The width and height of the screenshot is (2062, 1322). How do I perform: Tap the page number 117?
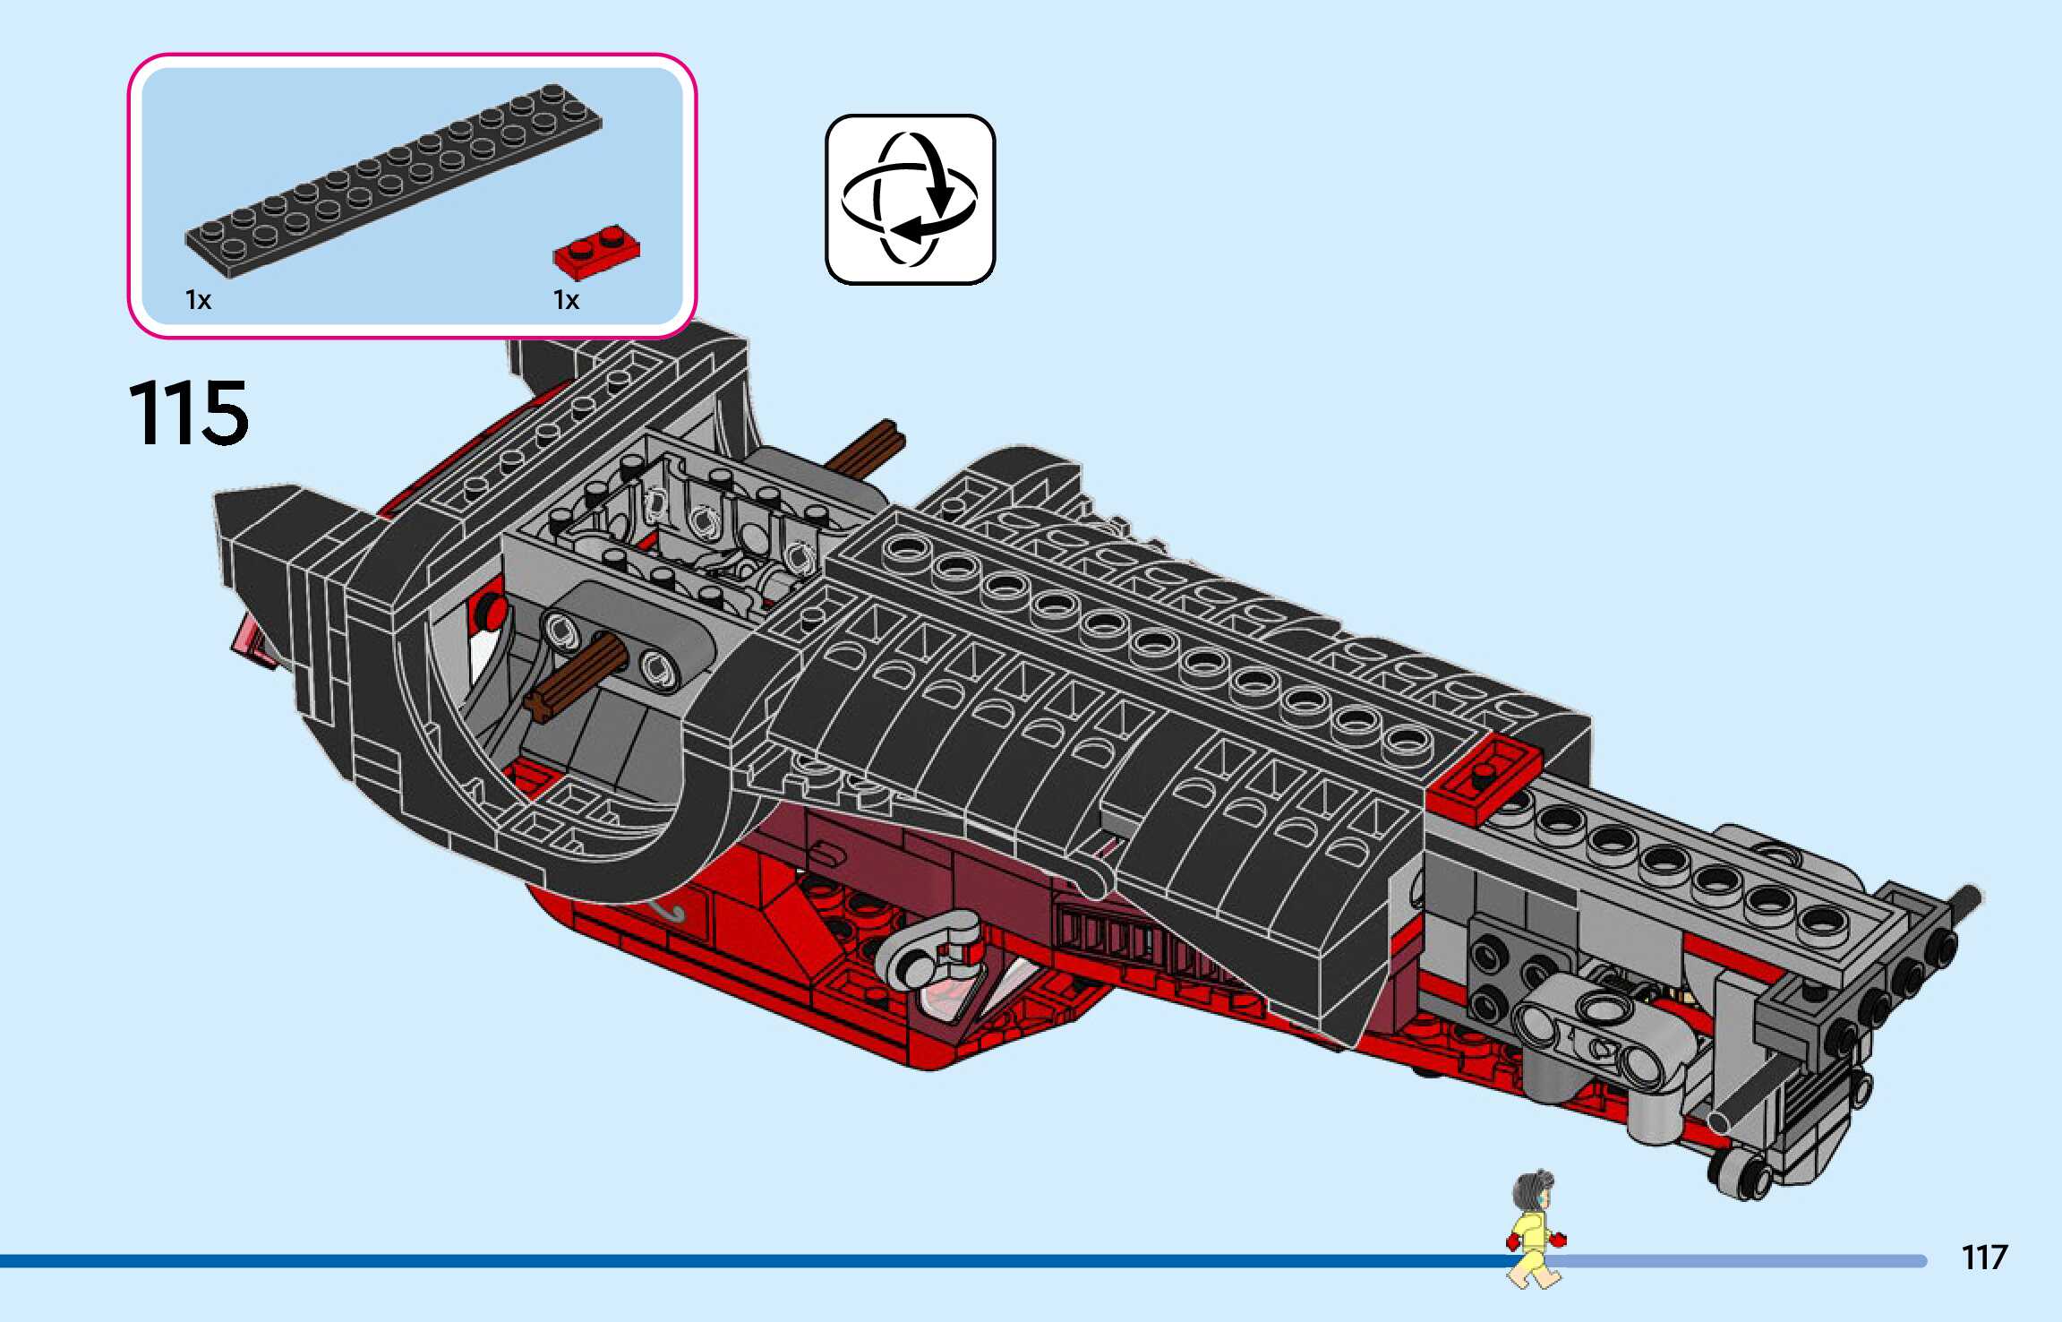[x=1984, y=1258]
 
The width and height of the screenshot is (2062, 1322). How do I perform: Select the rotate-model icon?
[x=910, y=199]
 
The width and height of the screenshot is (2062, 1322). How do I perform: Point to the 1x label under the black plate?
[x=198, y=300]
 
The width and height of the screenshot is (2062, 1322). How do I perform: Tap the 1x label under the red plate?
[x=566, y=300]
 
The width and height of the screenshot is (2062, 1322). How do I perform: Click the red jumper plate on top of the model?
[x=1484, y=777]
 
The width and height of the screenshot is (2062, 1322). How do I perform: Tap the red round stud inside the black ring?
[x=491, y=611]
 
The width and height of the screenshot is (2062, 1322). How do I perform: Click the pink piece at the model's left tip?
[x=252, y=642]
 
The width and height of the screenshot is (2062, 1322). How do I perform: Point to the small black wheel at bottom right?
[x=1741, y=1172]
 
